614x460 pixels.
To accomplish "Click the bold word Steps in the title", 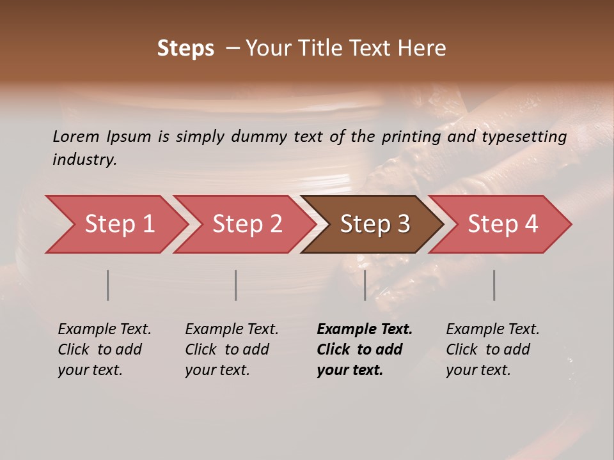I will [185, 49].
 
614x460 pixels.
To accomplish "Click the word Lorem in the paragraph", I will [77, 137].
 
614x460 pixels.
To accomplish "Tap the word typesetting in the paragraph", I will [524, 137].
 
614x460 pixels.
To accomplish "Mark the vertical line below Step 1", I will [108, 285].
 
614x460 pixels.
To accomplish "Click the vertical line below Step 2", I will [236, 285].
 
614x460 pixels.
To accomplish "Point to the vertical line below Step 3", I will [365, 285].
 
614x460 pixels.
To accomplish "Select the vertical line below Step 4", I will [494, 285].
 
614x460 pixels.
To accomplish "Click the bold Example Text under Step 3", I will [365, 330].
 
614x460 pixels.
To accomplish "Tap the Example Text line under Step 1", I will [104, 330].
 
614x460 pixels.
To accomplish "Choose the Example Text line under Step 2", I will [232, 330].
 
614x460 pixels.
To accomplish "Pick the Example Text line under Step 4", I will [492, 330].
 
